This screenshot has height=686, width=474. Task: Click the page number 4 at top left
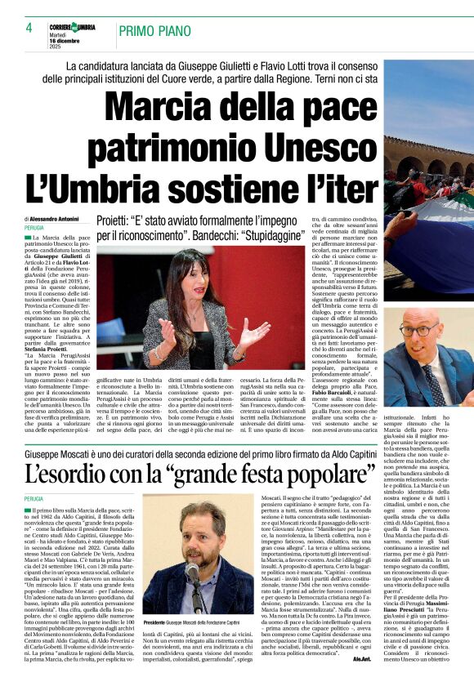(x=29, y=27)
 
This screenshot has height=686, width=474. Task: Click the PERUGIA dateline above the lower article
(x=34, y=498)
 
